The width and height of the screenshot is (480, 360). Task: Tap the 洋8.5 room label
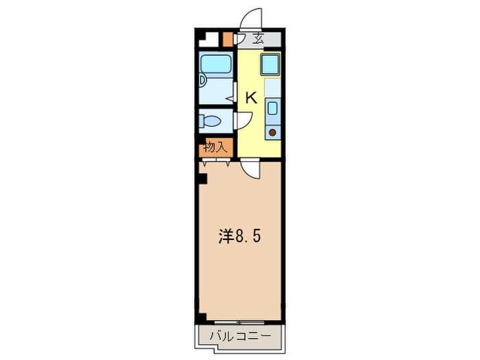[239, 238]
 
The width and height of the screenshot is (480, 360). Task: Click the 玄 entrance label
[258, 39]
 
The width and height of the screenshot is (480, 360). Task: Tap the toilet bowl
[211, 122]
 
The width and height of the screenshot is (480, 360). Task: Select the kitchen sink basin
[272, 108]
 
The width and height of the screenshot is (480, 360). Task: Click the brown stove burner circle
[272, 132]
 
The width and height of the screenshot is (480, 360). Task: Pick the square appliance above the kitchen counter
[269, 66]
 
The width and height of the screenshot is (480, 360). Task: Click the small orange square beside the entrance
[227, 38]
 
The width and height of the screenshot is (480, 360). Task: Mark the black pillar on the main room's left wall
[202, 180]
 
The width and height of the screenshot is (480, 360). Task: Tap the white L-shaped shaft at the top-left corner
[207, 39]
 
